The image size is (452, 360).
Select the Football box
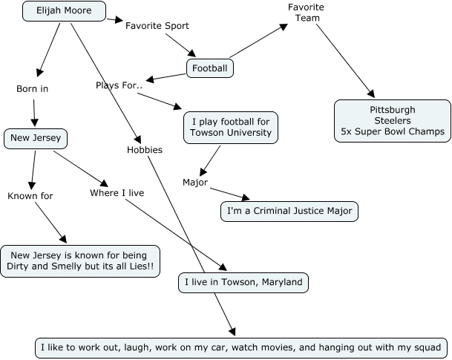[210, 69]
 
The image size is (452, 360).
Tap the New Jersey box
[36, 137]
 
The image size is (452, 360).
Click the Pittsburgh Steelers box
[393, 121]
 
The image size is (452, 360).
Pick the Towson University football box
[231, 127]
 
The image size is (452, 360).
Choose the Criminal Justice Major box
[289, 212]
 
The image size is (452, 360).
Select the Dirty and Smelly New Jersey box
[79, 261]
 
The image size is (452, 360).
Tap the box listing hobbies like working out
[241, 347]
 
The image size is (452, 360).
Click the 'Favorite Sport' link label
[157, 26]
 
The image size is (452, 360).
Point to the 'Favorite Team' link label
[306, 13]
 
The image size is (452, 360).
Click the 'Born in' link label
[32, 89]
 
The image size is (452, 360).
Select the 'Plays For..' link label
[119, 85]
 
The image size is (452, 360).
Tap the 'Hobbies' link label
[144, 149]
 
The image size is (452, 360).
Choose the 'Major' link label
[194, 182]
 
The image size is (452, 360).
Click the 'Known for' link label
[30, 196]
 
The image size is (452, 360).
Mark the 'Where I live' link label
[117, 193]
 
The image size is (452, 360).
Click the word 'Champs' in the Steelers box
[426, 132]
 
